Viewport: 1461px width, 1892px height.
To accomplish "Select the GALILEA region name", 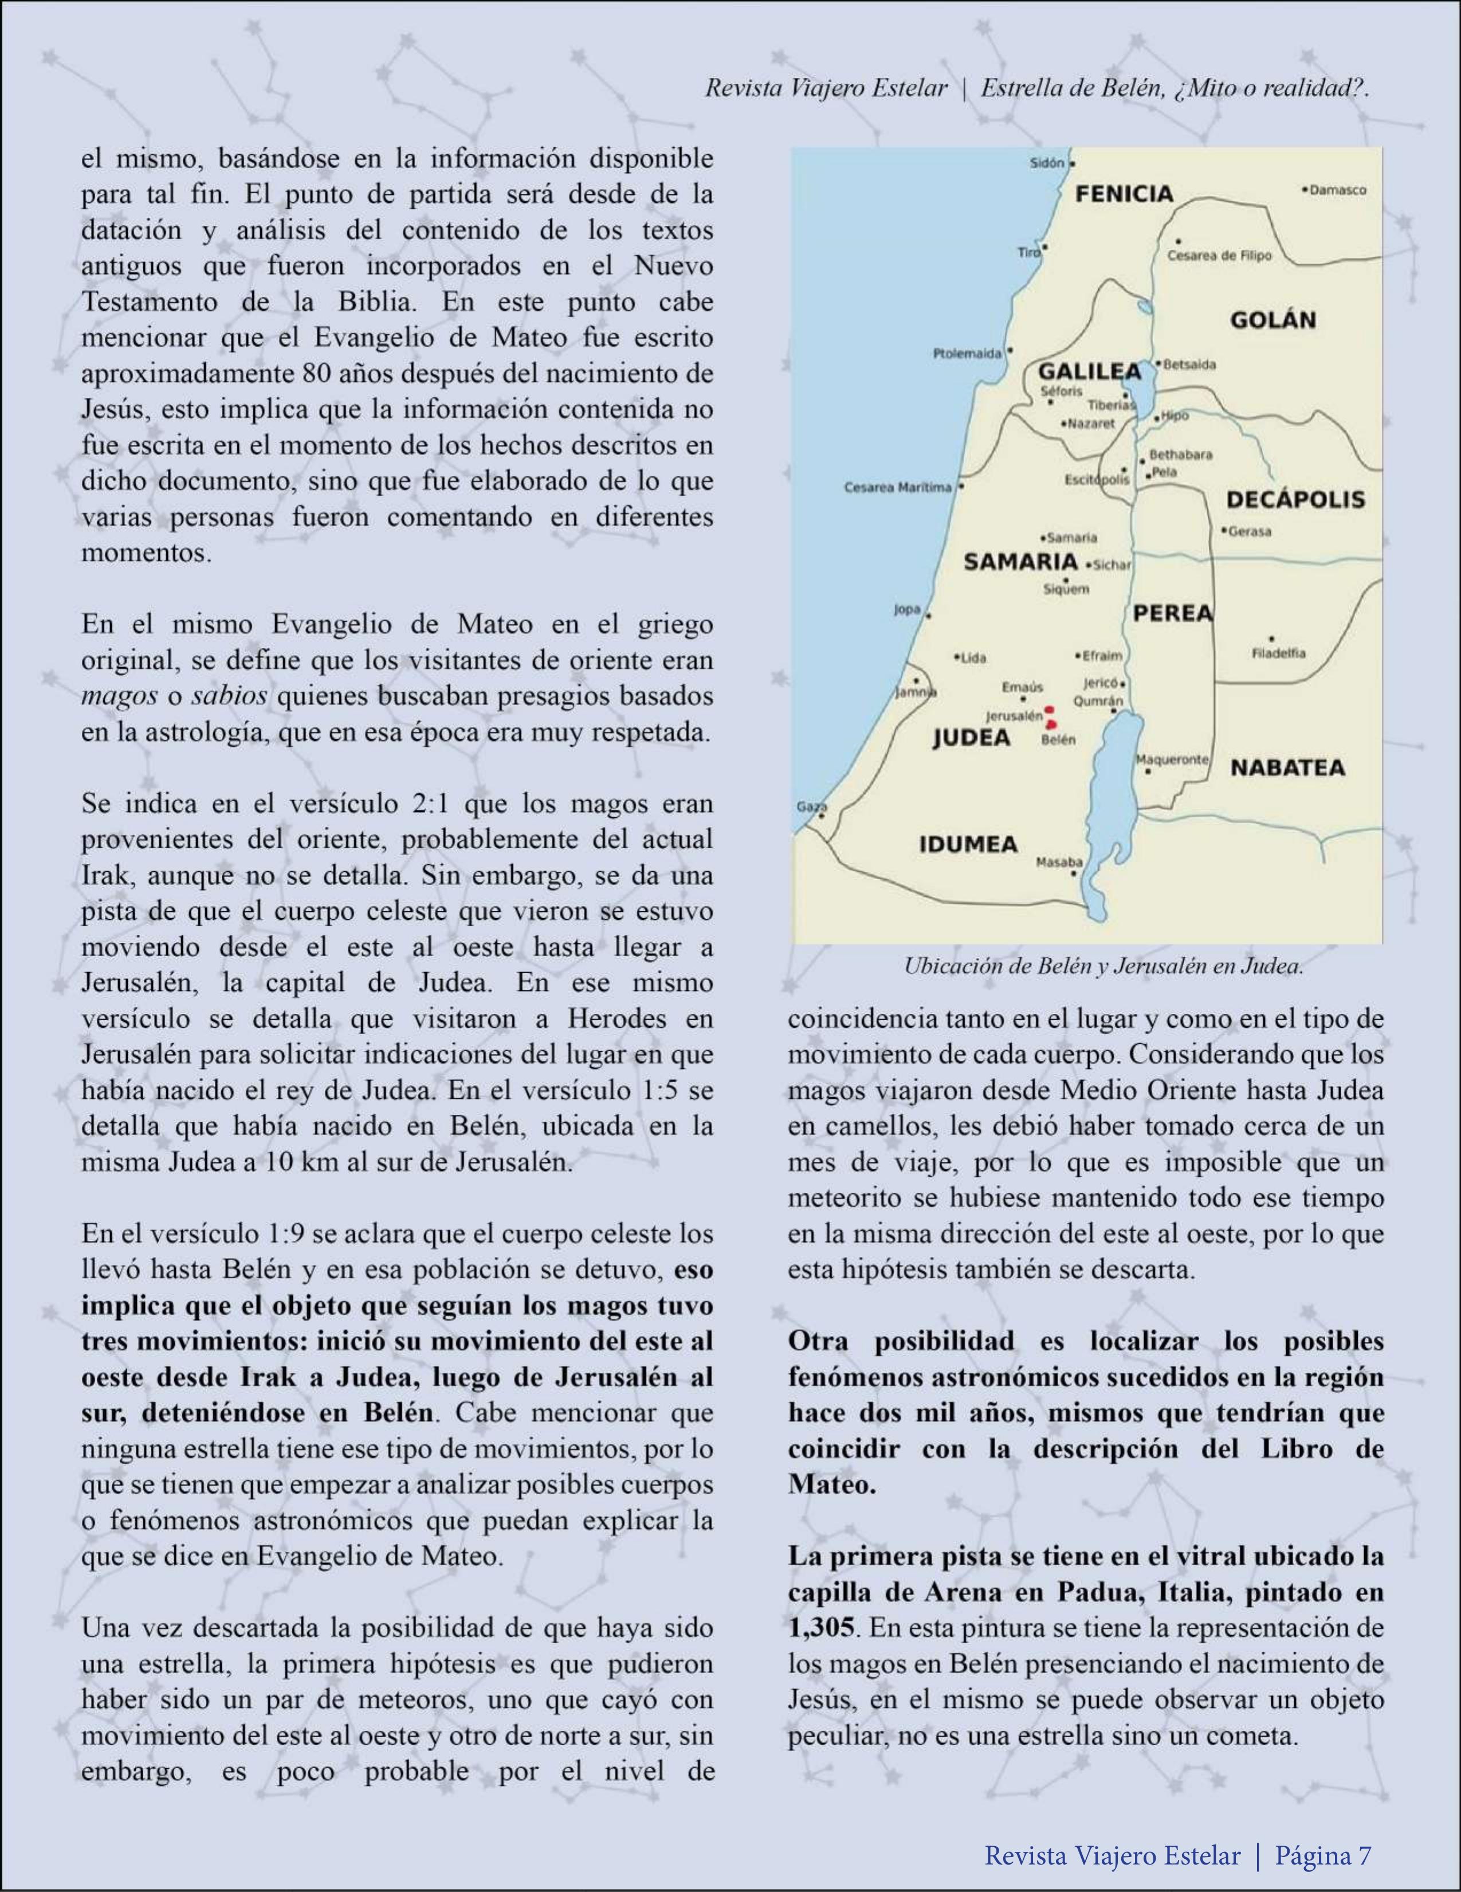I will click(x=1089, y=371).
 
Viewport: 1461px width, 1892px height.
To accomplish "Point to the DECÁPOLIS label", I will click(x=1295, y=499).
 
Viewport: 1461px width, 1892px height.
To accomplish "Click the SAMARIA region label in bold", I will click(x=1020, y=561).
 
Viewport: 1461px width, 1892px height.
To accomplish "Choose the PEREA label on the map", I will click(x=1173, y=613).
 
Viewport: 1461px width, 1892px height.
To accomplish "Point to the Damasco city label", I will click(x=1338, y=190).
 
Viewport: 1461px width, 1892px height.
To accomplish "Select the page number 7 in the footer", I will click(x=1364, y=1848).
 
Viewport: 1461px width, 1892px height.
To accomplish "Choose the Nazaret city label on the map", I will click(x=1091, y=424).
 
